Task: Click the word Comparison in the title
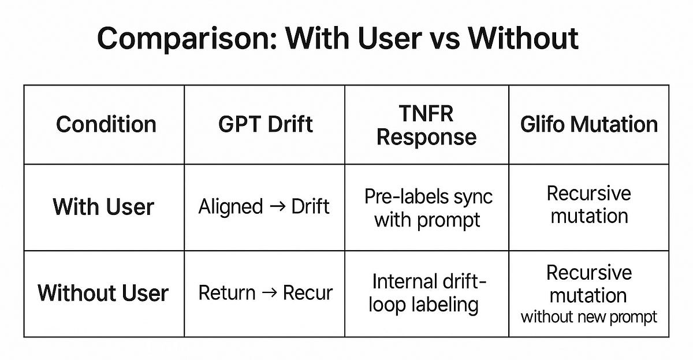coord(188,39)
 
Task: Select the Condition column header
coord(106,124)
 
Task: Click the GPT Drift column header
coord(266,124)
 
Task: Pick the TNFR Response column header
coord(427,125)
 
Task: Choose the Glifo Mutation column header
coord(589,124)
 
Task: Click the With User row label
coord(103,206)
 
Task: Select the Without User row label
coord(103,292)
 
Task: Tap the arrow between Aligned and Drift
coord(278,206)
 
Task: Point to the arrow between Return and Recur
coord(269,292)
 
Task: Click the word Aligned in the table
coord(230,206)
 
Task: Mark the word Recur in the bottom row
coord(307,292)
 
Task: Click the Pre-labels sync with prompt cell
coord(428,208)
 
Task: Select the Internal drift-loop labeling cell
coord(427,293)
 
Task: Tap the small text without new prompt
coord(588,317)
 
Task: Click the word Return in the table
coord(227,292)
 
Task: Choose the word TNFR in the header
coord(426,113)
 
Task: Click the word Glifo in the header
coord(542,124)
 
